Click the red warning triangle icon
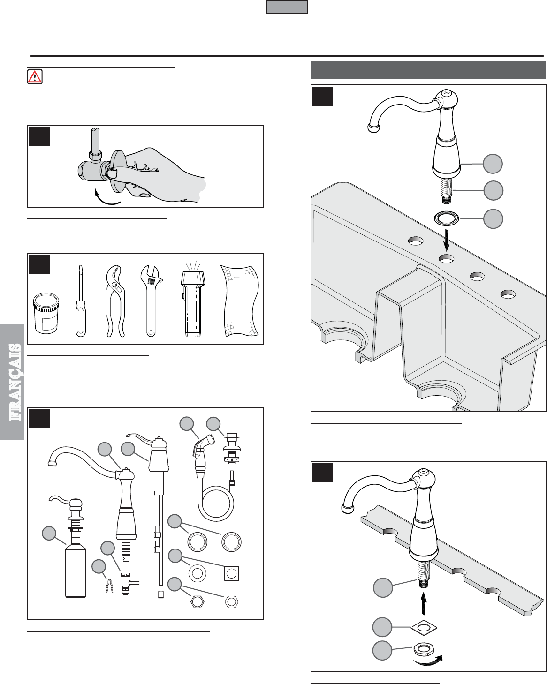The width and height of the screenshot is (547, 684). click(35, 77)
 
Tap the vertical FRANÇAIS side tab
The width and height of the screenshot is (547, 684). click(12, 382)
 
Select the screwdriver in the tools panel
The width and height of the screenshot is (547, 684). click(81, 301)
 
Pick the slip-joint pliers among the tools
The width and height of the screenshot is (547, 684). click(115, 301)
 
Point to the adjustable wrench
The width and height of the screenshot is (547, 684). click(151, 301)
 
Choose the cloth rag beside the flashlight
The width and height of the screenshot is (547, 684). click(240, 301)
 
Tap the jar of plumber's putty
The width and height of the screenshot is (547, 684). click(46, 313)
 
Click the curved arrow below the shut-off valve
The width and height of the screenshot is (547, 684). click(106, 198)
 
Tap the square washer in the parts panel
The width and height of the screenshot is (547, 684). click(232, 574)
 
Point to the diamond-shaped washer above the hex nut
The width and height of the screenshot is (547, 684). click(424, 627)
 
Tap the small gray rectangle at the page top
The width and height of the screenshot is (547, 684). click(287, 7)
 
